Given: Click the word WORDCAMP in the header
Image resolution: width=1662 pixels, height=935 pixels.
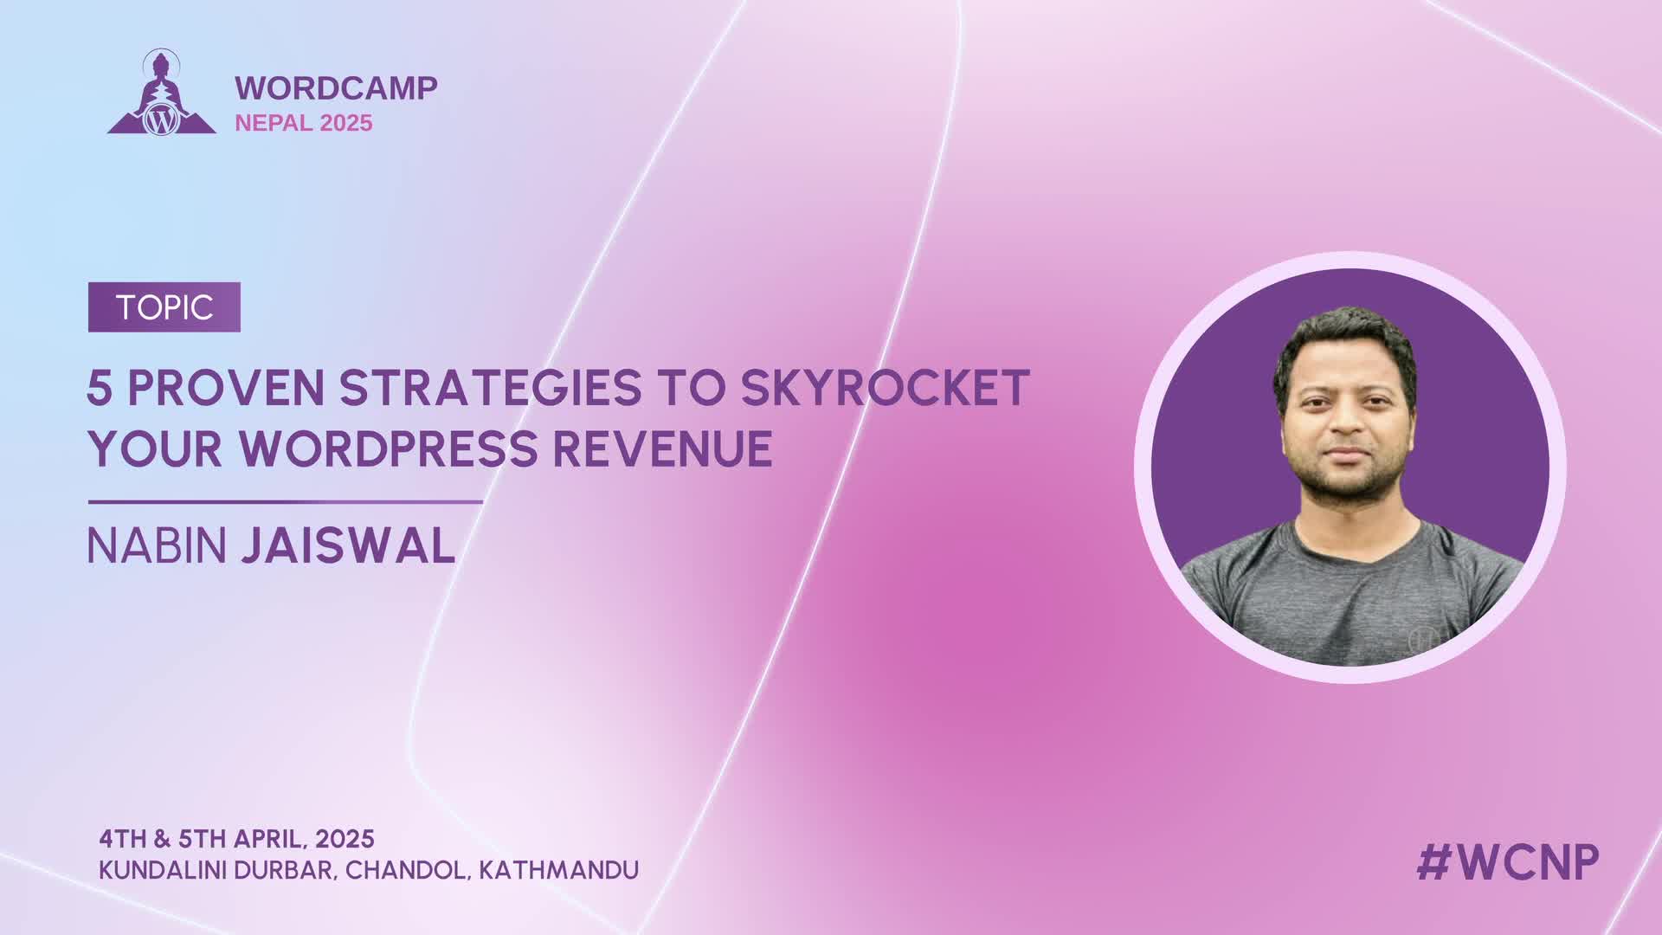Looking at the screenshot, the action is [336, 87].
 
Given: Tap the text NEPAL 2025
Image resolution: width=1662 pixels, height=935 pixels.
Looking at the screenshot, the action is [304, 123].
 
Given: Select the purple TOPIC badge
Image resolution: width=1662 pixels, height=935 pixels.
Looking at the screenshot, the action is [164, 307].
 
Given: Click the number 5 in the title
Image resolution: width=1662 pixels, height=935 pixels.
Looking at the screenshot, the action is [100, 388].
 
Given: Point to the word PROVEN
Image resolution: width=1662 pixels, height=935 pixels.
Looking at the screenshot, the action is [225, 388].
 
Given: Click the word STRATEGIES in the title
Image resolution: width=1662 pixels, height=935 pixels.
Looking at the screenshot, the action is [490, 388].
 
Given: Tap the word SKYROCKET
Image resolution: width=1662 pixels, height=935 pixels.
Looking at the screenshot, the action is [885, 388].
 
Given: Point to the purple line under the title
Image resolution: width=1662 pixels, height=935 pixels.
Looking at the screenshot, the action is [286, 502].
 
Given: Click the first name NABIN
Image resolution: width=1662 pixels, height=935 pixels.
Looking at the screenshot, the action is [157, 546].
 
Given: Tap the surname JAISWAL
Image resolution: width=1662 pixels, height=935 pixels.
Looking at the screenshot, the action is [348, 546].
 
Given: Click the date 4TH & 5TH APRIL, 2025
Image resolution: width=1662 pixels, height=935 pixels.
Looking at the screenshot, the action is [236, 839].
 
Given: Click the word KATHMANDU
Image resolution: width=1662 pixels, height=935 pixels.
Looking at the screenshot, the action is [559, 870].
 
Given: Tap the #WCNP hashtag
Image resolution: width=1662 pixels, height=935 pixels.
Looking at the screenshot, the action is [1508, 862].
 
